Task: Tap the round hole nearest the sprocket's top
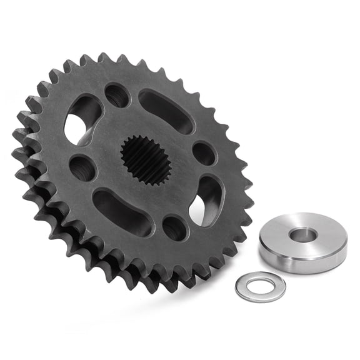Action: click(x=117, y=95)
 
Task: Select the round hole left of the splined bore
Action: click(x=82, y=167)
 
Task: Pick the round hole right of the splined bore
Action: click(x=204, y=153)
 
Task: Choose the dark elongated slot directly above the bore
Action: click(x=166, y=111)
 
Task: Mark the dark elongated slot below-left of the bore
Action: click(x=122, y=212)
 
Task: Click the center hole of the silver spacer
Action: click(x=302, y=235)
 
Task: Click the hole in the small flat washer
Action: click(x=260, y=287)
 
